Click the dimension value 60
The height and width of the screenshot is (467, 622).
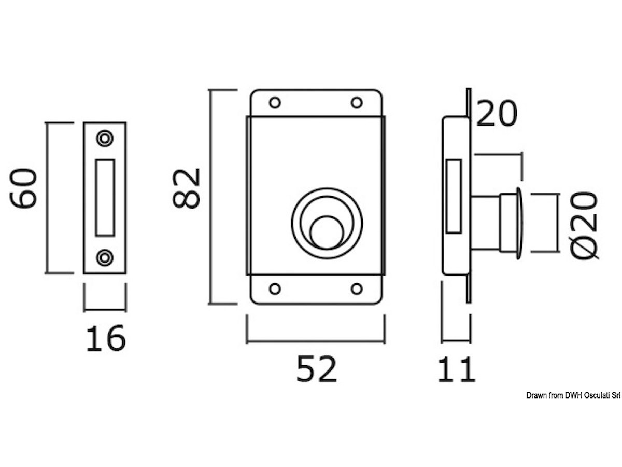tap(23, 188)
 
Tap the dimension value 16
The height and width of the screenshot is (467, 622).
tap(106, 338)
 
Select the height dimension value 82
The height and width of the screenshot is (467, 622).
tap(186, 188)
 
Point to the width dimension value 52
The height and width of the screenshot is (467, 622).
tap(317, 369)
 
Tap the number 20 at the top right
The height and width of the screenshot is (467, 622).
tap(497, 113)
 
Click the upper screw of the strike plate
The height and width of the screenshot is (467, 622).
tap(105, 139)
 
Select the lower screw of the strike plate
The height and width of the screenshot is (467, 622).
tap(105, 258)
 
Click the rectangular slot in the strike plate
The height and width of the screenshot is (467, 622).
tap(105, 198)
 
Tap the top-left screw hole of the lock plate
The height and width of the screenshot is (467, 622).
tap(275, 103)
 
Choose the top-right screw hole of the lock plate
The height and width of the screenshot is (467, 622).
tap(357, 103)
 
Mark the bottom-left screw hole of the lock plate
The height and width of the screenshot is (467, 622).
tap(275, 289)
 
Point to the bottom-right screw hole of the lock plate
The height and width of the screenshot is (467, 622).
tap(357, 289)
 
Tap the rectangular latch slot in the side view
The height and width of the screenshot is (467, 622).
tap(454, 196)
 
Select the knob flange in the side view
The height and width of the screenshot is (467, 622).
tap(519, 223)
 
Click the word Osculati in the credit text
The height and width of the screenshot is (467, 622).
tap(596, 395)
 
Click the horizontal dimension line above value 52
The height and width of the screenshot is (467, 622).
tap(316, 342)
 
